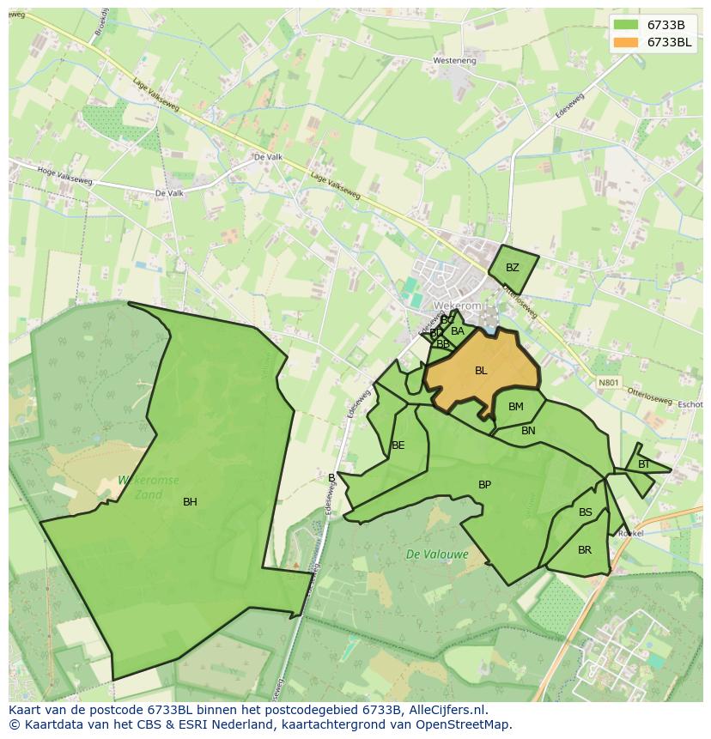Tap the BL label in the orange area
pos(481,371)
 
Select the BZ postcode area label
pos(513,268)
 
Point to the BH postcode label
pos(190,502)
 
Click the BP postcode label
pos(484,485)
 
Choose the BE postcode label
pos(398,445)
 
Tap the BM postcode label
pos(515,407)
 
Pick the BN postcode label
pos(528,431)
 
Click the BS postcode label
pos(586,512)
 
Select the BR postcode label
pos(585,550)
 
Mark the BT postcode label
pos(644,464)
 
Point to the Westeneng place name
pos(454,61)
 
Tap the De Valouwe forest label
pos(437,554)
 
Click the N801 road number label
pos(608,382)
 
